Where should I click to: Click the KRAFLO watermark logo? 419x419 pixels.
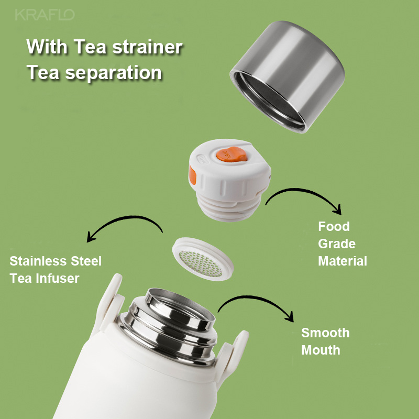[45, 15]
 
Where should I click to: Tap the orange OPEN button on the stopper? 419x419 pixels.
[231, 155]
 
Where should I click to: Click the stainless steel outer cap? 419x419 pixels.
[287, 76]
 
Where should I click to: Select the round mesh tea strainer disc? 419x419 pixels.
[203, 259]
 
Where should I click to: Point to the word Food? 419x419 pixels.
[334, 226]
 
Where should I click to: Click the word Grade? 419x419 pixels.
[337, 244]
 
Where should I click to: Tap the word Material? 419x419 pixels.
[343, 261]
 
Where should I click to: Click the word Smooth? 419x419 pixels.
[325, 333]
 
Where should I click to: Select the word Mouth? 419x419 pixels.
[321, 350]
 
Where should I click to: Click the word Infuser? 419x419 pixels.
[58, 279]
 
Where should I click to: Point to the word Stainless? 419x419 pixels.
[38, 261]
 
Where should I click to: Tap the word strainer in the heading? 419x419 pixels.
[147, 47]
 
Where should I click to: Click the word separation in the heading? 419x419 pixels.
[113, 73]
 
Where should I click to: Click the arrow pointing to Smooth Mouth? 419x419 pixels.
[254, 297]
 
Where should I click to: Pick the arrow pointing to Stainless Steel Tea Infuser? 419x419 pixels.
[128, 217]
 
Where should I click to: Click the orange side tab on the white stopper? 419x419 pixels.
[192, 175]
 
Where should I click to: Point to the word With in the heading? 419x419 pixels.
[47, 47]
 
